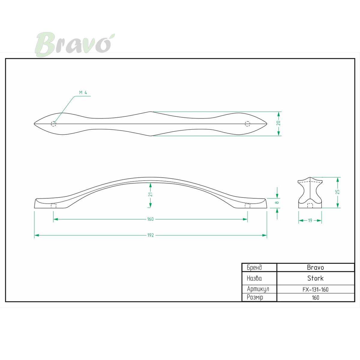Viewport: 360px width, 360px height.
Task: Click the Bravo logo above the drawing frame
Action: coord(75,44)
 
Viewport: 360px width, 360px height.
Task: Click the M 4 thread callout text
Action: coord(83,92)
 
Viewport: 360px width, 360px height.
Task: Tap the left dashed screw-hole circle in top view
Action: coord(53,124)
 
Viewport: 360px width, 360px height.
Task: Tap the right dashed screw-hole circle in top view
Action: coord(247,124)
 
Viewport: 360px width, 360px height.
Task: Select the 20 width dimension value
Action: coord(278,123)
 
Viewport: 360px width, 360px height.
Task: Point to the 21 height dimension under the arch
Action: coord(151,194)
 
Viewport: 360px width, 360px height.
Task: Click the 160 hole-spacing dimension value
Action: coord(150,219)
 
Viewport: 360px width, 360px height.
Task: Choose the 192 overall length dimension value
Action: coord(151,235)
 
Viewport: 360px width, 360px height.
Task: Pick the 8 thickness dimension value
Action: coord(277,202)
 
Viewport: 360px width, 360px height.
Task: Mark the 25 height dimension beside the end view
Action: coord(337,192)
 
